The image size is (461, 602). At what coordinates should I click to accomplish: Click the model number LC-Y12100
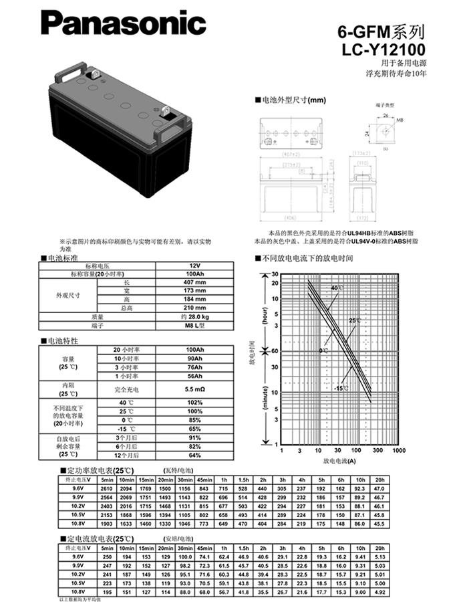point(383,49)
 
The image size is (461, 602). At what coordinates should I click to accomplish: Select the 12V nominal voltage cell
point(194,266)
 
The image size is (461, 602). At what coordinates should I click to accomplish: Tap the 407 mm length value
point(194,282)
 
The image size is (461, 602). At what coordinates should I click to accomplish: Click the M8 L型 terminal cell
point(194,324)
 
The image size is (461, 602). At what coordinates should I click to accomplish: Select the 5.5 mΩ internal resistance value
point(194,389)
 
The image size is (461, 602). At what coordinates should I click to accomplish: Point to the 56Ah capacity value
point(194,376)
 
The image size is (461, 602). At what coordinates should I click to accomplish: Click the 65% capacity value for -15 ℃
point(194,428)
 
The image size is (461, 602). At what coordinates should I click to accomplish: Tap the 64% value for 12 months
point(194,455)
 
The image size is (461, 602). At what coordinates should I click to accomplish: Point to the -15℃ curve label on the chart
point(341,388)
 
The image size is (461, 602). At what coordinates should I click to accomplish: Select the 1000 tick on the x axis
point(398,450)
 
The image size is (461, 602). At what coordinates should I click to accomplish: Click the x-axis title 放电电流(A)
point(339,461)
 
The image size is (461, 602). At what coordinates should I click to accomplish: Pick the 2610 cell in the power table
point(107,490)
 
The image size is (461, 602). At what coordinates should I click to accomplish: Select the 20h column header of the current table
point(379,547)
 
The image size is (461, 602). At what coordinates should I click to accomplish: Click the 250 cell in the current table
point(107,557)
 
